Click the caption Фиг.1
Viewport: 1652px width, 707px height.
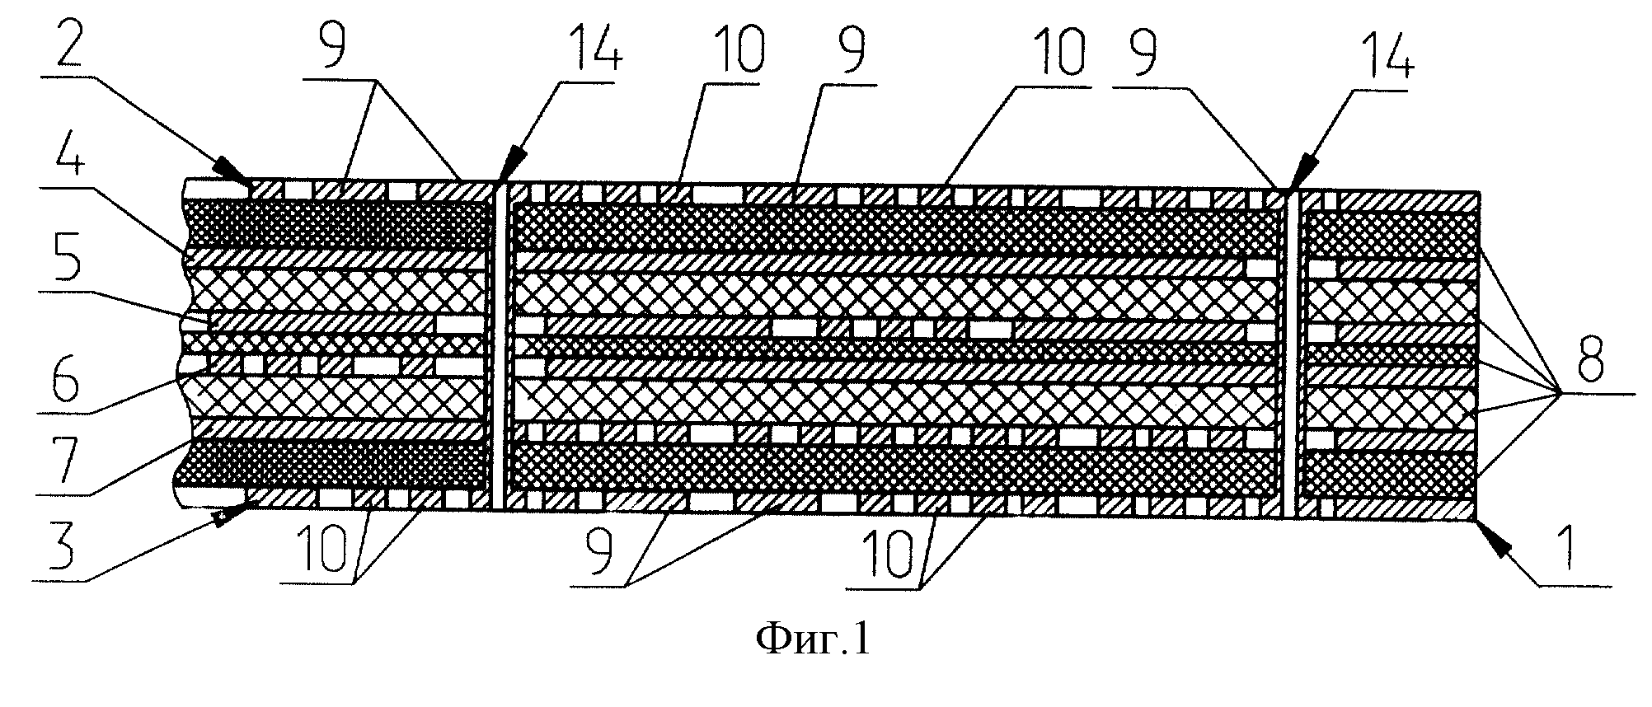(x=812, y=639)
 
